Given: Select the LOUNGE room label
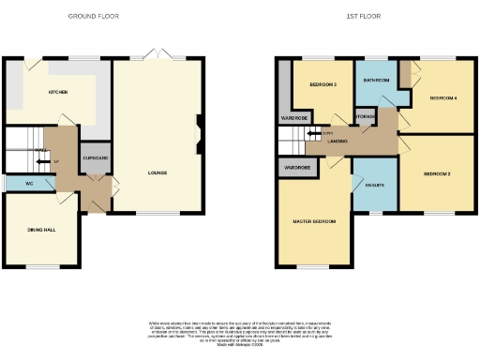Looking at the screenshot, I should coord(157,172).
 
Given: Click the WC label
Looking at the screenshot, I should coord(31,183).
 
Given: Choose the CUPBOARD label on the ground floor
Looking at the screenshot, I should coord(96,157).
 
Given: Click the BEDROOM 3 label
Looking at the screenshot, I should coord(322,84).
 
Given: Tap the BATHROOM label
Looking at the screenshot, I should coord(378,80).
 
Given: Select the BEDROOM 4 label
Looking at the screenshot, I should coord(443,97).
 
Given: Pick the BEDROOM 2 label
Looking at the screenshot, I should coord(437,174).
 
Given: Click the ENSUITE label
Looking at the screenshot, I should coord(370,185).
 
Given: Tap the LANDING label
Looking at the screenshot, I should coord(338,142).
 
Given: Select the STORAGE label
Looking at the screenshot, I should coord(366,117).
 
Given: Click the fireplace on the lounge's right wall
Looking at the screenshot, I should coord(199,131).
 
